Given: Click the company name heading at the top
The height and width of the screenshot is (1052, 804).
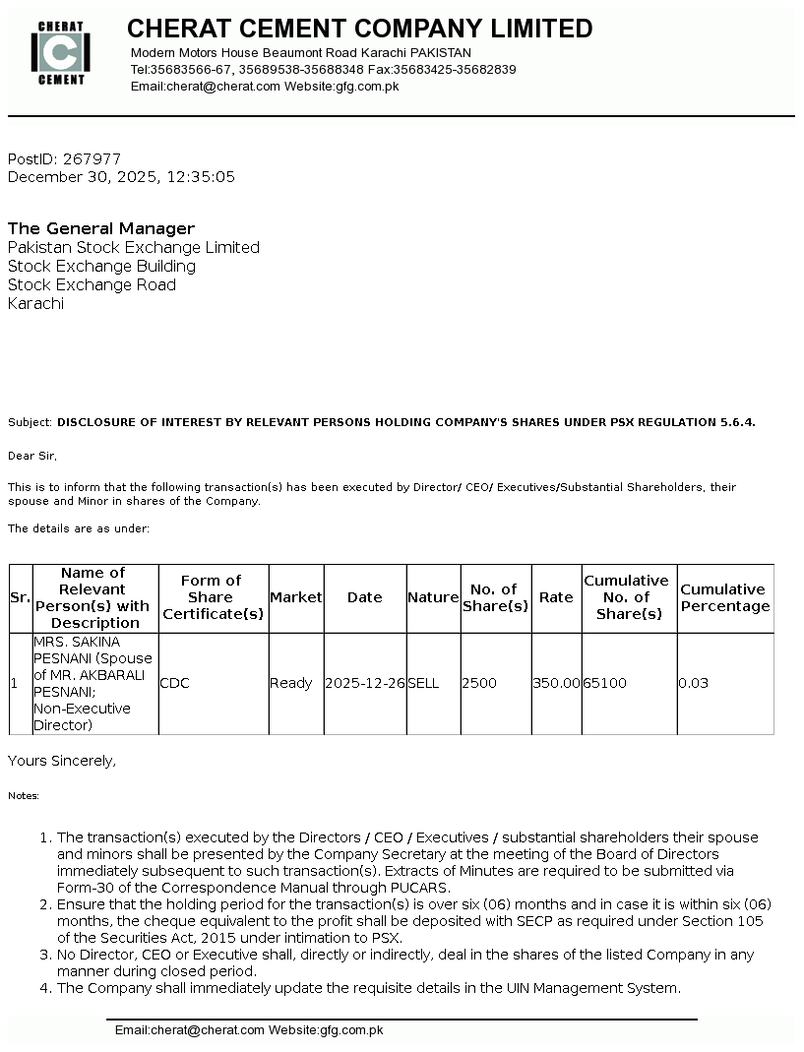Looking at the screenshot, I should tap(359, 29).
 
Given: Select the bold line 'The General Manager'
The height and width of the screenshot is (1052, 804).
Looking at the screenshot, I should tap(101, 228).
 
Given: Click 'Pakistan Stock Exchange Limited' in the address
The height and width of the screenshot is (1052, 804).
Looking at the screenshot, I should tap(134, 247).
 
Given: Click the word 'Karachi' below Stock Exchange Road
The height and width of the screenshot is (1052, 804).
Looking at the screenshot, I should tap(35, 303).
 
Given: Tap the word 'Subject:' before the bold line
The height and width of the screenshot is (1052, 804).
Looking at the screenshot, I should tap(31, 422).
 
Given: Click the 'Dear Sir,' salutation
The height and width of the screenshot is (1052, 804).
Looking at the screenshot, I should tap(32, 456).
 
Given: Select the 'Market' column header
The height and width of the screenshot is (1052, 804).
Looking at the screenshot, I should tap(295, 597).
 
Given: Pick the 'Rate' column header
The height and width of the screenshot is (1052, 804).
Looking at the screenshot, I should tap(556, 597).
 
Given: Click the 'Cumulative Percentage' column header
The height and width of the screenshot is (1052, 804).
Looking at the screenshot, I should tap(725, 597).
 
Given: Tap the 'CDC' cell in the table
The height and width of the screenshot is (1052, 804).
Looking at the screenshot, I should tap(174, 683).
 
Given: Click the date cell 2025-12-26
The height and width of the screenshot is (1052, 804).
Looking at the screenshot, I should tap(365, 683).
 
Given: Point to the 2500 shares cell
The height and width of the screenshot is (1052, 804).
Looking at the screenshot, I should tap(479, 683).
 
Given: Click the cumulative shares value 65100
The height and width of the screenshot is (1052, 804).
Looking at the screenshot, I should tap(604, 683).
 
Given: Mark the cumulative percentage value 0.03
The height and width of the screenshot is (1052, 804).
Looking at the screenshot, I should tap(693, 683).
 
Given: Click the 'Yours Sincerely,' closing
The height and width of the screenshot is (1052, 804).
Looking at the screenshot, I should tap(62, 761).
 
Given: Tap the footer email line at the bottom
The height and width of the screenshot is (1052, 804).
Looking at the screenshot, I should tap(249, 1030).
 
